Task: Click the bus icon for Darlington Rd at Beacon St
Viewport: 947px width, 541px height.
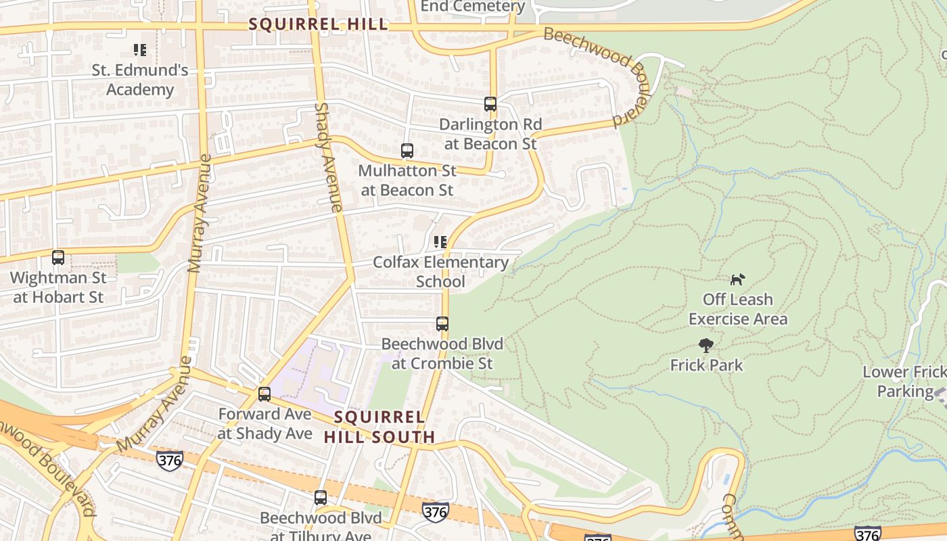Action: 490,104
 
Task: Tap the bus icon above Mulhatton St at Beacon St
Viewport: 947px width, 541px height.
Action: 407,151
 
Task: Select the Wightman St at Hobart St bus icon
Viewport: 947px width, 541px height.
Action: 58,258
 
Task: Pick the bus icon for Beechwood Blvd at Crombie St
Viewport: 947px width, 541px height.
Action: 442,324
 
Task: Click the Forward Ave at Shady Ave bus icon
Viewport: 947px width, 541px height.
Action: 264,394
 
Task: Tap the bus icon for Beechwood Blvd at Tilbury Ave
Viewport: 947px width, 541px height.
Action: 321,498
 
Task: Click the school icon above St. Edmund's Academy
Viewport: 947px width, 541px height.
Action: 140,50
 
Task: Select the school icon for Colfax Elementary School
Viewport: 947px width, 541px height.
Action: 440,242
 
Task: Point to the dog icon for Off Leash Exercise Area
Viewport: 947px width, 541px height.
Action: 737,279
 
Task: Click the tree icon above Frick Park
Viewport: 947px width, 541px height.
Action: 706,346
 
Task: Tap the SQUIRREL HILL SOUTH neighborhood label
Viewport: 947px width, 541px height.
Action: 379,427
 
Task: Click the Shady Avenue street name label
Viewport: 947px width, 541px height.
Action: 329,157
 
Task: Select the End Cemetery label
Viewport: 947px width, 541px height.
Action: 473,7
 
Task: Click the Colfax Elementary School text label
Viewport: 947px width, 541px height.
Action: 441,272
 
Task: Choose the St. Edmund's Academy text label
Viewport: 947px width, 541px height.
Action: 140,80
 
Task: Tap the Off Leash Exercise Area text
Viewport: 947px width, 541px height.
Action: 738,309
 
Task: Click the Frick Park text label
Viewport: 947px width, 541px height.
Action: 707,365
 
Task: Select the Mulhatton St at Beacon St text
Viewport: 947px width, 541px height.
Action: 407,181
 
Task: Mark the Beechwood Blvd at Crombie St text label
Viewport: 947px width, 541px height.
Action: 442,354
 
